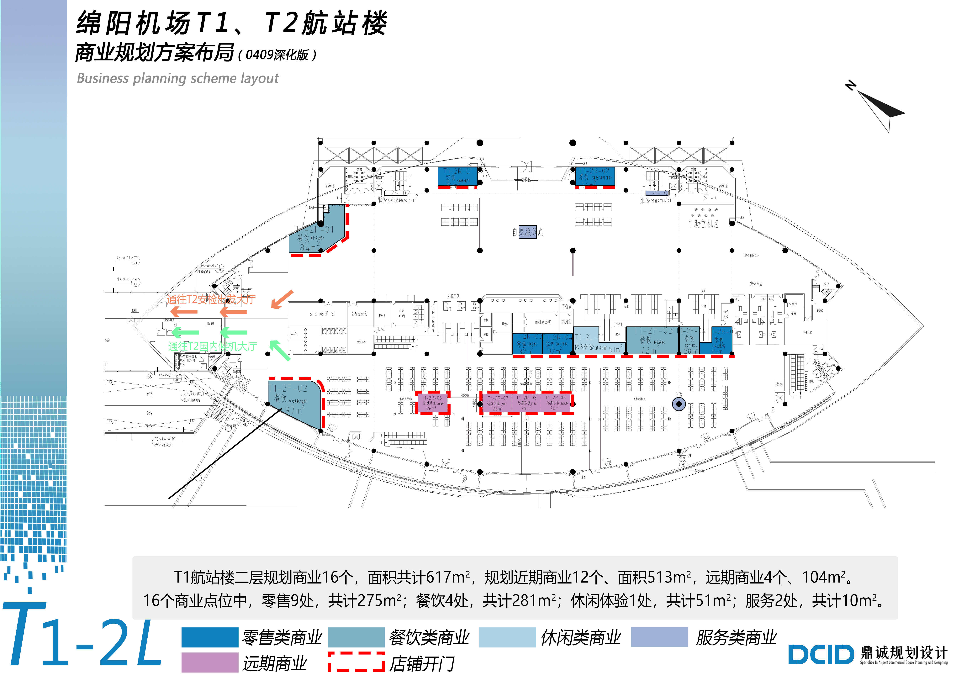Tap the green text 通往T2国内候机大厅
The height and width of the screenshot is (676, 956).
[212, 346]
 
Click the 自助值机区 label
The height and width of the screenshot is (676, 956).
[703, 224]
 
